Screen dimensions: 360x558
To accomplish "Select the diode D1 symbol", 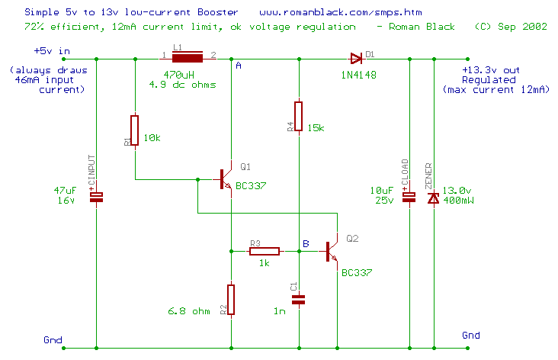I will [355, 57].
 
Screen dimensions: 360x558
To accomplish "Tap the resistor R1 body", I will [135, 130].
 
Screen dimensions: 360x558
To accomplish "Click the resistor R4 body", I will [299, 116].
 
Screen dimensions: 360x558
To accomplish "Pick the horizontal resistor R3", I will [264, 250].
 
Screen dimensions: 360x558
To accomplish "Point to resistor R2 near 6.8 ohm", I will [230, 299].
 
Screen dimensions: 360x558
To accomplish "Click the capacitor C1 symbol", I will [299, 300].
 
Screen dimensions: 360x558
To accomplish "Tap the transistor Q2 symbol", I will [332, 250].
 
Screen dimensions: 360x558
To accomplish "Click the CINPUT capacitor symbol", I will [97, 197].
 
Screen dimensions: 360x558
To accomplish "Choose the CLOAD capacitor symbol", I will [409, 197].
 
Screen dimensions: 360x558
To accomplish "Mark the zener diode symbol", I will [434, 198].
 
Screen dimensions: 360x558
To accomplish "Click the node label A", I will [239, 66].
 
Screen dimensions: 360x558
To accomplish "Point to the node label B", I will [306, 243].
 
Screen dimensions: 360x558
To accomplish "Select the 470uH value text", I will [178, 74].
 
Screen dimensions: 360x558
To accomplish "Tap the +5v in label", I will [52, 51].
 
